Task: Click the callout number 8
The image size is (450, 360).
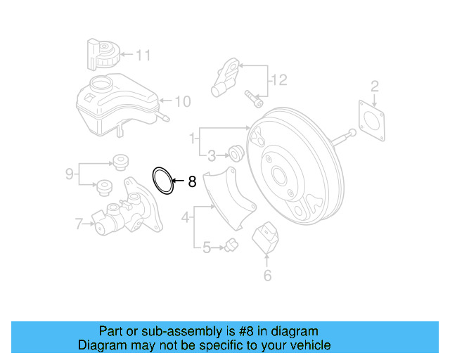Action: click(x=191, y=183)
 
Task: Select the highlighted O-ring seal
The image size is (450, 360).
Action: click(x=165, y=181)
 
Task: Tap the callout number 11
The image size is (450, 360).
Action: click(x=143, y=54)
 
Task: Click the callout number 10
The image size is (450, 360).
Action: click(x=182, y=102)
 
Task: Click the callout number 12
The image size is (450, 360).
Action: click(x=280, y=81)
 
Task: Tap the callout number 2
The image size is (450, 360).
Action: click(x=375, y=86)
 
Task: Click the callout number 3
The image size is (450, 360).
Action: click(x=212, y=154)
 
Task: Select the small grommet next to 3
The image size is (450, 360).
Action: click(x=236, y=151)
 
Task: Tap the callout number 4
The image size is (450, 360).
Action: click(x=186, y=219)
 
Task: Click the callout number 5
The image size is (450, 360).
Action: click(x=206, y=247)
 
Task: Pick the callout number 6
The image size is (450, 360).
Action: click(x=267, y=275)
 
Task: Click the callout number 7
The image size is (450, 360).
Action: click(x=79, y=224)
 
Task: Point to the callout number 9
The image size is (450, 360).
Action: click(x=69, y=173)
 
